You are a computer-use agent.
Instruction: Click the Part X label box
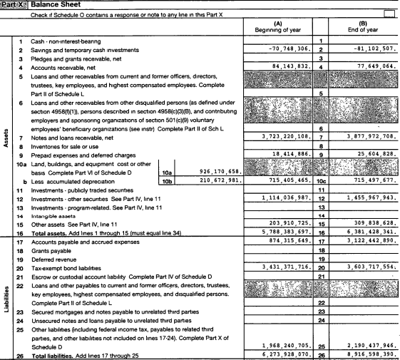(14, 4)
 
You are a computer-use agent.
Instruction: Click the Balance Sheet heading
(54, 4)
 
